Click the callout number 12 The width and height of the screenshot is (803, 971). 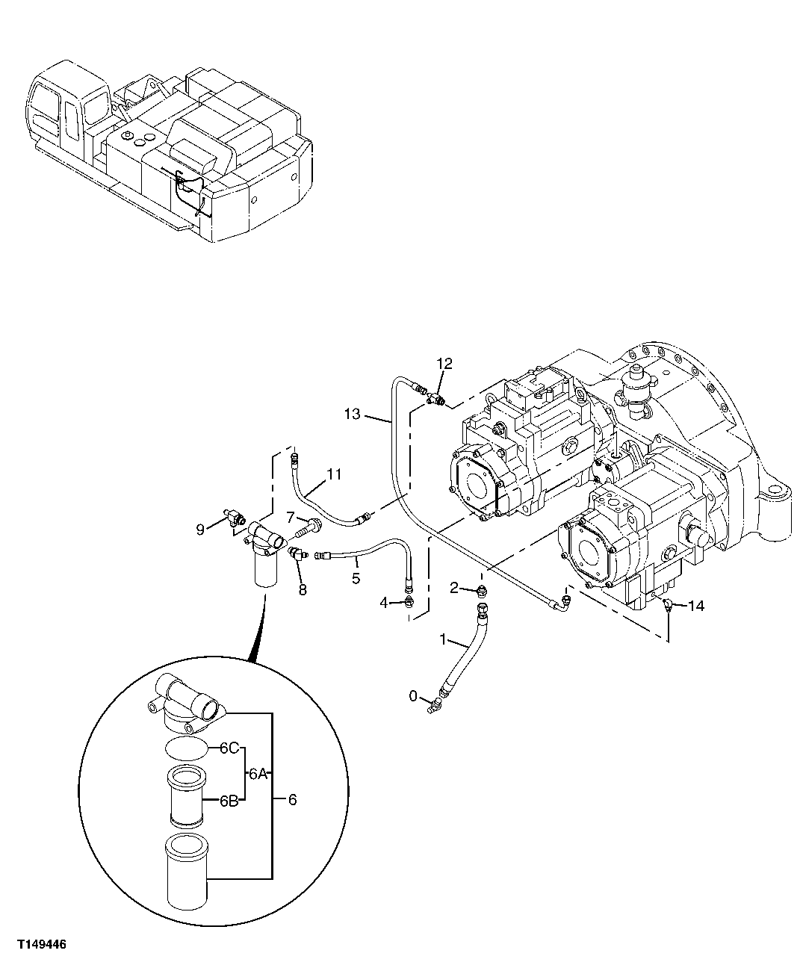(x=444, y=364)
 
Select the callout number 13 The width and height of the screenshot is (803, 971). (x=353, y=413)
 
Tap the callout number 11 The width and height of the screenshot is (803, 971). (x=333, y=474)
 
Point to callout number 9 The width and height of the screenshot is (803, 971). (x=200, y=529)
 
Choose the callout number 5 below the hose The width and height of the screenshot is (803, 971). (x=356, y=578)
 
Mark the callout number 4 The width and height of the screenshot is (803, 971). (x=383, y=602)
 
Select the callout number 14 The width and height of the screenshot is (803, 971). (x=695, y=606)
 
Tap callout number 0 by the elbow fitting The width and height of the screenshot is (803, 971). (x=414, y=696)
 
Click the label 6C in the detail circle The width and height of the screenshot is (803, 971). (x=229, y=747)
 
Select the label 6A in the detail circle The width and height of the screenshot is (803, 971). (x=258, y=775)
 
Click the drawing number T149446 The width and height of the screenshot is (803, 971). (x=38, y=944)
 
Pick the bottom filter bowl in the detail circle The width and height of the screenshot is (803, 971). (x=188, y=871)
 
